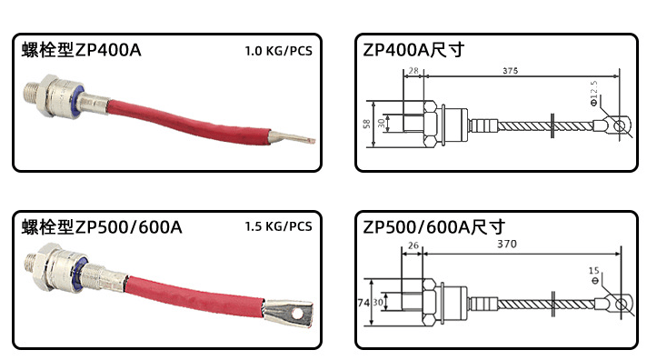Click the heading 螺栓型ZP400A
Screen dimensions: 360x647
point(82,51)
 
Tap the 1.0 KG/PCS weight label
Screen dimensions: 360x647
point(278,52)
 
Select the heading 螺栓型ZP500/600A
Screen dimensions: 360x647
point(103,225)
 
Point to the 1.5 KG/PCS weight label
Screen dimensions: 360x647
point(278,226)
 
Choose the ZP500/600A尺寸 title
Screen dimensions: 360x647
point(433,226)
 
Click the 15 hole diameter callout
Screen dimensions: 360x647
point(594,270)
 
